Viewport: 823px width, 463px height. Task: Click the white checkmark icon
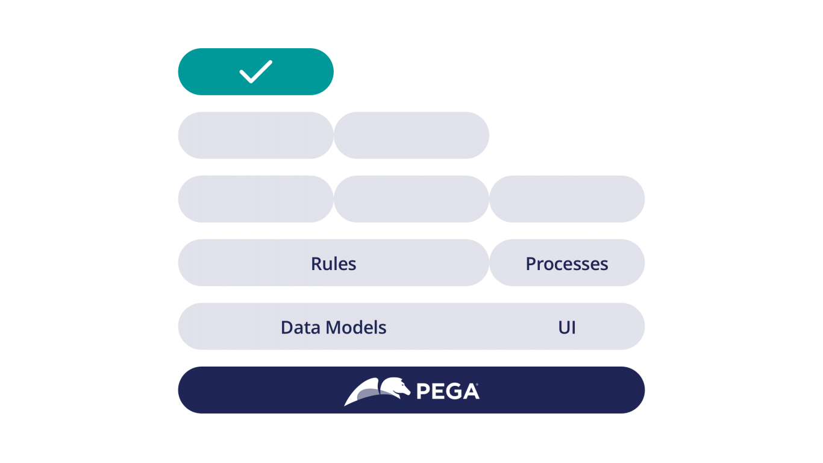click(256, 71)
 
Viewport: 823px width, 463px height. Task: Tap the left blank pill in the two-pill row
click(255, 135)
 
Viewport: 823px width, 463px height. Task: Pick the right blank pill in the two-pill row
click(411, 135)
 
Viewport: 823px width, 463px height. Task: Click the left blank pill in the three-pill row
click(255, 199)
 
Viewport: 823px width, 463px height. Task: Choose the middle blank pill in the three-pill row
click(411, 199)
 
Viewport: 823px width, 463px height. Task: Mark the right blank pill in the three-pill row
click(567, 199)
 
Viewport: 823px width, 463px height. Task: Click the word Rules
click(333, 263)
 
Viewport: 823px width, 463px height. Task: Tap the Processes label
click(567, 263)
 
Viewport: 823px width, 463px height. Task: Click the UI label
click(567, 327)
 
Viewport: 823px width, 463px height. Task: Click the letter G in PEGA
click(454, 391)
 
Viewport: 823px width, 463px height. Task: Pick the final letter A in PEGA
click(471, 391)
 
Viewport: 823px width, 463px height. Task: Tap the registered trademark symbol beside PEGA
click(477, 384)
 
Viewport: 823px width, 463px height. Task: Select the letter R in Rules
click(316, 263)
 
